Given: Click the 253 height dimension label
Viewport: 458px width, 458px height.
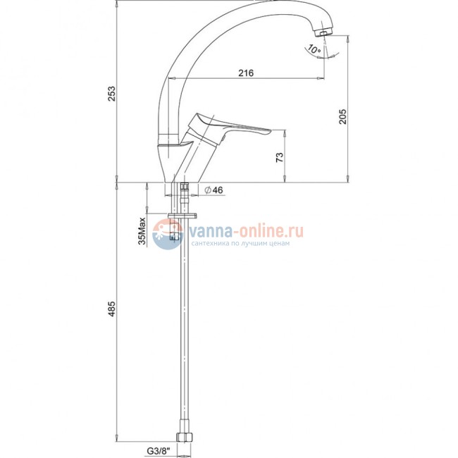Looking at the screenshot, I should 111,92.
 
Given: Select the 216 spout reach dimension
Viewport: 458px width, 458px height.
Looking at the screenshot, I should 246,73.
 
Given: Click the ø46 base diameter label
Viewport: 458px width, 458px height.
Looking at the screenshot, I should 213,191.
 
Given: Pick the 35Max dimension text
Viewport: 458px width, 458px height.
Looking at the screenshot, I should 142,232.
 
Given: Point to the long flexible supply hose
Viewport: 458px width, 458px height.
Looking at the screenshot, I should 185,331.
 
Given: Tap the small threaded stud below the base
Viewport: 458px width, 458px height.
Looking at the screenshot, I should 184,189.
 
